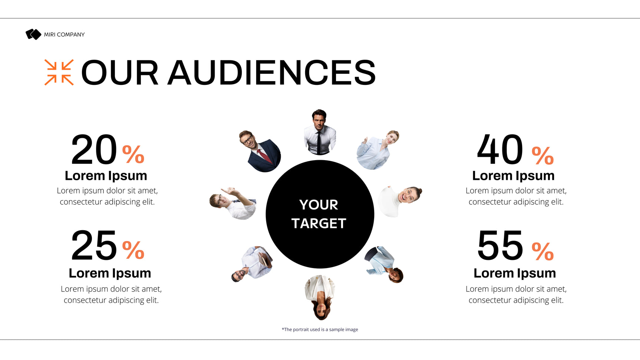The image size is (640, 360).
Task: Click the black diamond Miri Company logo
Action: (x=33, y=34)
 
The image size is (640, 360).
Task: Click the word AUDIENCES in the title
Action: (x=272, y=73)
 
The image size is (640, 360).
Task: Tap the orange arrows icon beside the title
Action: (x=59, y=72)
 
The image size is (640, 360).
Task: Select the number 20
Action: (x=94, y=150)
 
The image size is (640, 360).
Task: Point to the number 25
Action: (x=94, y=245)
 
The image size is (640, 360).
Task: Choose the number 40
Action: (x=500, y=150)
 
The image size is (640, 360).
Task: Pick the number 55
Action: (x=500, y=245)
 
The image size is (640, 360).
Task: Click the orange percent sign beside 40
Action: (x=543, y=156)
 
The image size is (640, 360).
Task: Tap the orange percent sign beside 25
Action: (x=133, y=250)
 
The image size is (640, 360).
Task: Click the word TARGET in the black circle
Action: (x=319, y=224)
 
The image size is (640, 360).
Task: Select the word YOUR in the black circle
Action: (x=319, y=205)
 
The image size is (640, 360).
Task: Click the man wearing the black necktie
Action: (x=320, y=132)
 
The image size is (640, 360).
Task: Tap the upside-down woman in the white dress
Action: (x=320, y=297)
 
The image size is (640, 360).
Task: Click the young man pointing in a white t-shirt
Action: (x=233, y=203)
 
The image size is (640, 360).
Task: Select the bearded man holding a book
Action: (x=252, y=264)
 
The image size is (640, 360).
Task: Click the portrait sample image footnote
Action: (x=320, y=330)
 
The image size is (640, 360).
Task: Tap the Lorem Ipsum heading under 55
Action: (x=515, y=273)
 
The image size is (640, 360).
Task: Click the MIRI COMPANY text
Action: (x=65, y=34)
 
